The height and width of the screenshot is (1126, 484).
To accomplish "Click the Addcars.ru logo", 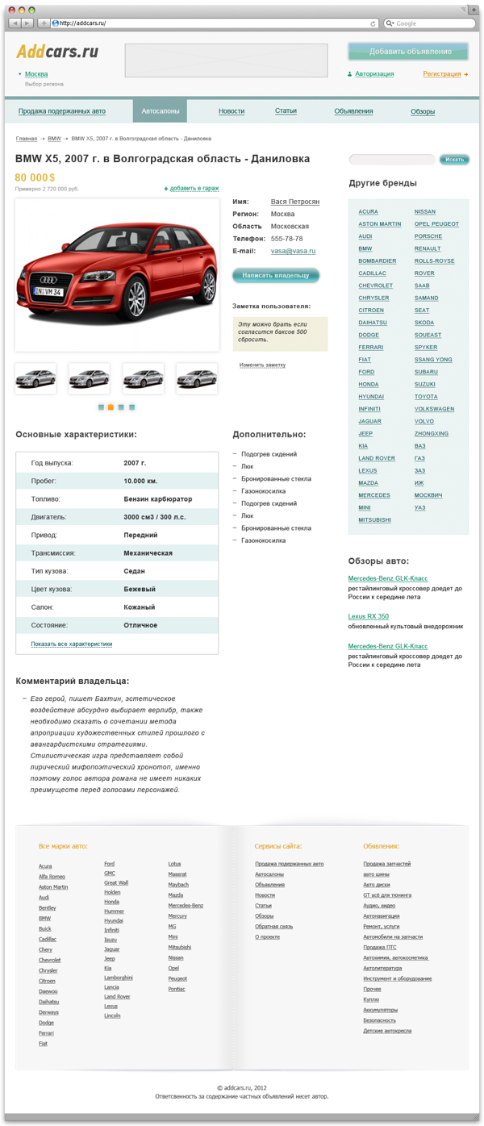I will coord(56,52).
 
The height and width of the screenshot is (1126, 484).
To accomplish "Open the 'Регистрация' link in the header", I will coord(442,74).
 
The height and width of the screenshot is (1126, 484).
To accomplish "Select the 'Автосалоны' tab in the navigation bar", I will coord(160,111).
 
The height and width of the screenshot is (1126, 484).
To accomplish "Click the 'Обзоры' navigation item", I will coord(423,111).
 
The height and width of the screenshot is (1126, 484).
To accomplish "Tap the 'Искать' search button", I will coord(454,160).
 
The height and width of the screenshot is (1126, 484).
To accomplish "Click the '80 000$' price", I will coord(35,177).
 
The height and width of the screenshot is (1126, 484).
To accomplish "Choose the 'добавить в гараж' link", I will coord(194,189).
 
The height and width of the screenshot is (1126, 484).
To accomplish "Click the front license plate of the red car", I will coord(48,291).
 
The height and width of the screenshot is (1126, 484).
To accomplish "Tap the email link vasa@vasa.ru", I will coord(293,251).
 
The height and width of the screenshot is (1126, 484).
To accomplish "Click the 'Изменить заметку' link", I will coord(262,365).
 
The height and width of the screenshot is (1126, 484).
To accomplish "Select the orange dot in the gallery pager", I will coord(111,407).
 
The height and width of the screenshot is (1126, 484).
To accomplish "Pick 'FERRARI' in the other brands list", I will coord(371,348).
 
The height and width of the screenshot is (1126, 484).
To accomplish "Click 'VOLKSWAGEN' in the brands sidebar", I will coord(434,409).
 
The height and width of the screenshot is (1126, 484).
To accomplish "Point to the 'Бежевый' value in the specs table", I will coord(140,590).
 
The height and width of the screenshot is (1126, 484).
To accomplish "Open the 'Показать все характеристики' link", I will coord(72,644).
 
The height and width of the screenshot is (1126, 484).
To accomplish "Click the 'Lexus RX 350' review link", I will coord(368,616).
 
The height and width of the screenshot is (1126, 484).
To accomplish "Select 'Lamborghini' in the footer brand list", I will coord(118,978).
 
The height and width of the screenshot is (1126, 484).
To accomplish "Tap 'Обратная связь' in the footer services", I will coord(273,927).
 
